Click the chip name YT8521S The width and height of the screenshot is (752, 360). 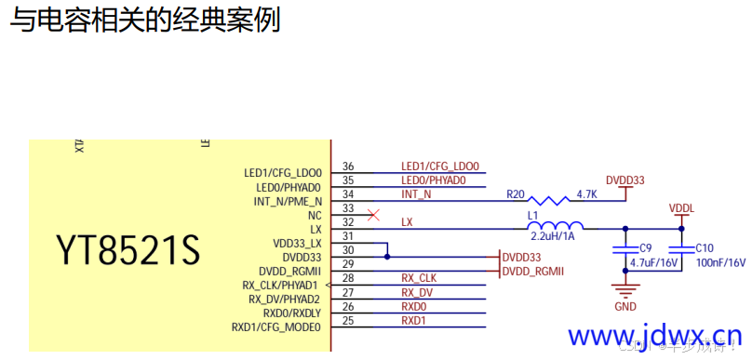[128, 249]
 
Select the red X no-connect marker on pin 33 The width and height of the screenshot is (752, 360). [374, 215]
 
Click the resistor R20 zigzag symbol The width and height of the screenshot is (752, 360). [553, 200]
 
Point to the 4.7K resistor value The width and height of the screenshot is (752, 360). [586, 194]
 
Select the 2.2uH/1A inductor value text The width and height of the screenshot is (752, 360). [554, 237]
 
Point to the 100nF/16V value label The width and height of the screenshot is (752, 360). [721, 263]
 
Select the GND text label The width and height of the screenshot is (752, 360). [625, 306]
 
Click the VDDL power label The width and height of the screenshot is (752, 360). [681, 208]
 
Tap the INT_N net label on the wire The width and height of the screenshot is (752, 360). [416, 194]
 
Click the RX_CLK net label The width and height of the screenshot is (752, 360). [419, 278]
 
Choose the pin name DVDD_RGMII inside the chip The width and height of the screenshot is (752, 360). [289, 271]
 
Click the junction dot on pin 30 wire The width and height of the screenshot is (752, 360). [387, 257]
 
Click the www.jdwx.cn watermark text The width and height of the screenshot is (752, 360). [655, 336]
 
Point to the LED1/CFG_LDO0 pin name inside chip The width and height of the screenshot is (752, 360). [282, 173]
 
